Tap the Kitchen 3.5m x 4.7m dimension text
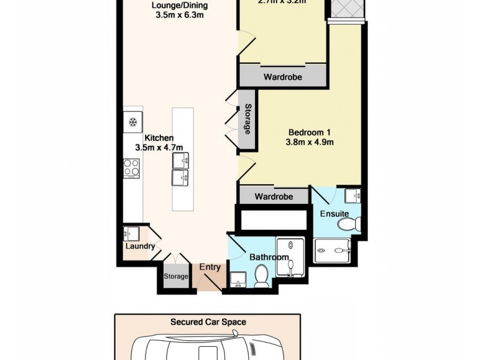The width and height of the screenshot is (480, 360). (x=159, y=148)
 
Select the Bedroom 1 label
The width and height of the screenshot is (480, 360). (x=310, y=132)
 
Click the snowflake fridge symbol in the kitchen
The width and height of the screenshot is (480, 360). (x=133, y=122)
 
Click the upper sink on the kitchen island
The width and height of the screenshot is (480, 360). (x=181, y=160)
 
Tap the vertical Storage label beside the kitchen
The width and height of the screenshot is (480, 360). (x=247, y=119)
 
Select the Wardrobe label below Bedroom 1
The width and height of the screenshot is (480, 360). (x=274, y=197)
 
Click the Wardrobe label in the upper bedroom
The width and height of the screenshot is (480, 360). (x=283, y=77)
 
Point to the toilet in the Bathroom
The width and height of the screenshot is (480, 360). (x=262, y=277)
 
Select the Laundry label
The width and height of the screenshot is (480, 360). (x=140, y=246)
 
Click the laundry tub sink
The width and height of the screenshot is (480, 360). (x=130, y=233)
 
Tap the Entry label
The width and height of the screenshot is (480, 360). (x=210, y=268)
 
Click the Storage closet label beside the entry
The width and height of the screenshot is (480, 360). (x=176, y=277)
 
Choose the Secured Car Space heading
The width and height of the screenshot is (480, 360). (x=208, y=322)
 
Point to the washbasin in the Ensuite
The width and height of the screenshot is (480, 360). (x=353, y=195)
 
